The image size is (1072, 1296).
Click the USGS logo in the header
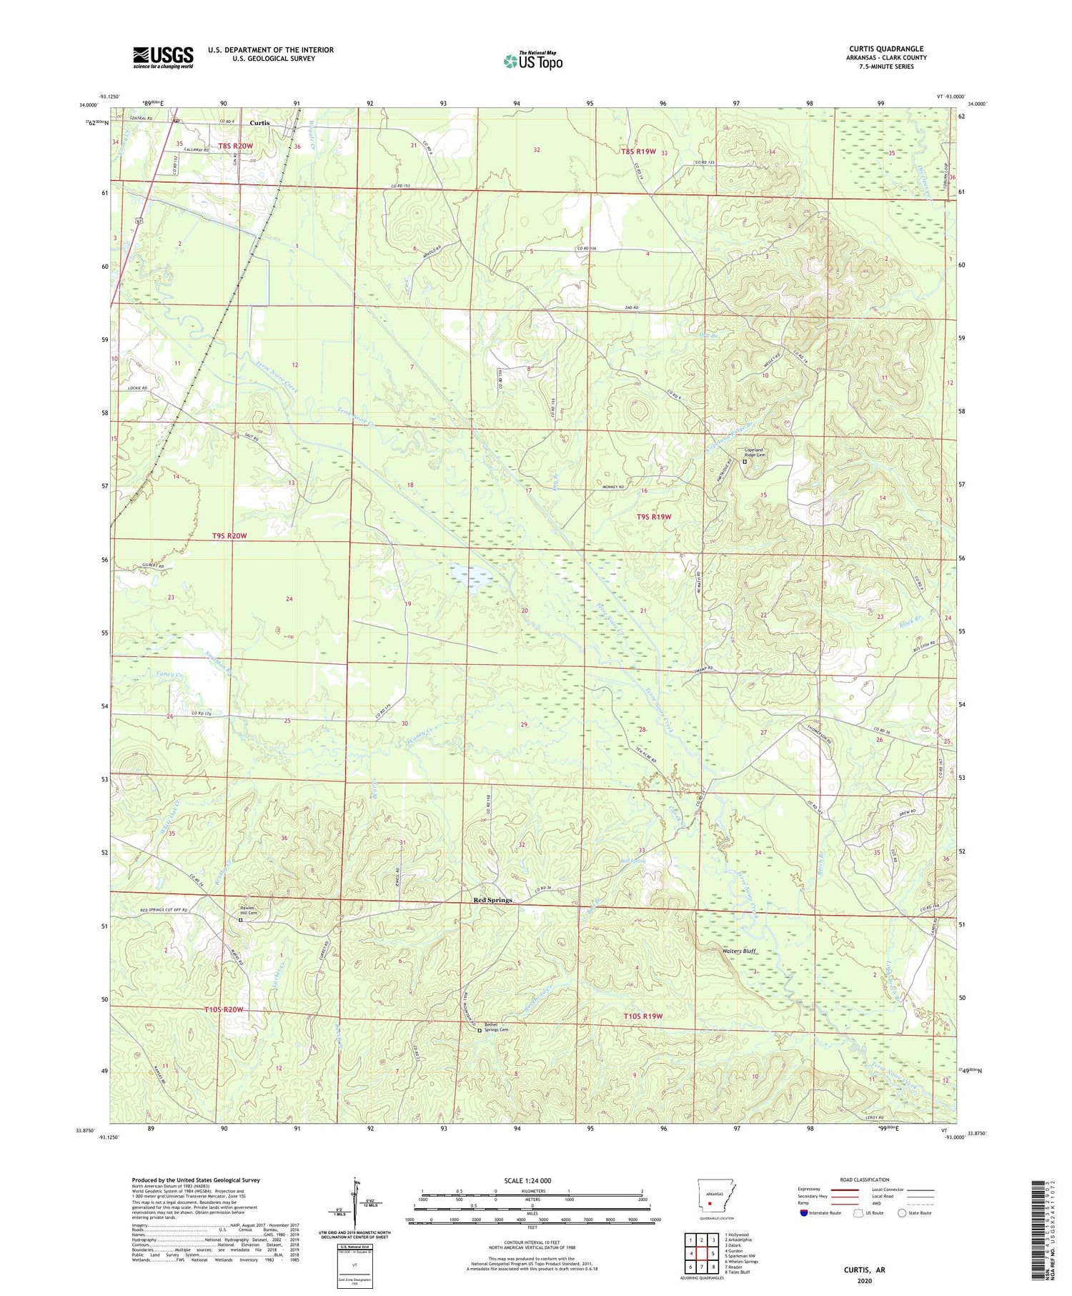click(163, 57)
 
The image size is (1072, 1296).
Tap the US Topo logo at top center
click(532, 61)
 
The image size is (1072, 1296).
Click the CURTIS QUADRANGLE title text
click(886, 49)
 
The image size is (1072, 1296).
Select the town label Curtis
click(259, 123)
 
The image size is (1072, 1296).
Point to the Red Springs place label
click(493, 900)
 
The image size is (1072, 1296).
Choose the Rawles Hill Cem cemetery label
click(247, 911)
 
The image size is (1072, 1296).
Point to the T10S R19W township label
click(642, 1016)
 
